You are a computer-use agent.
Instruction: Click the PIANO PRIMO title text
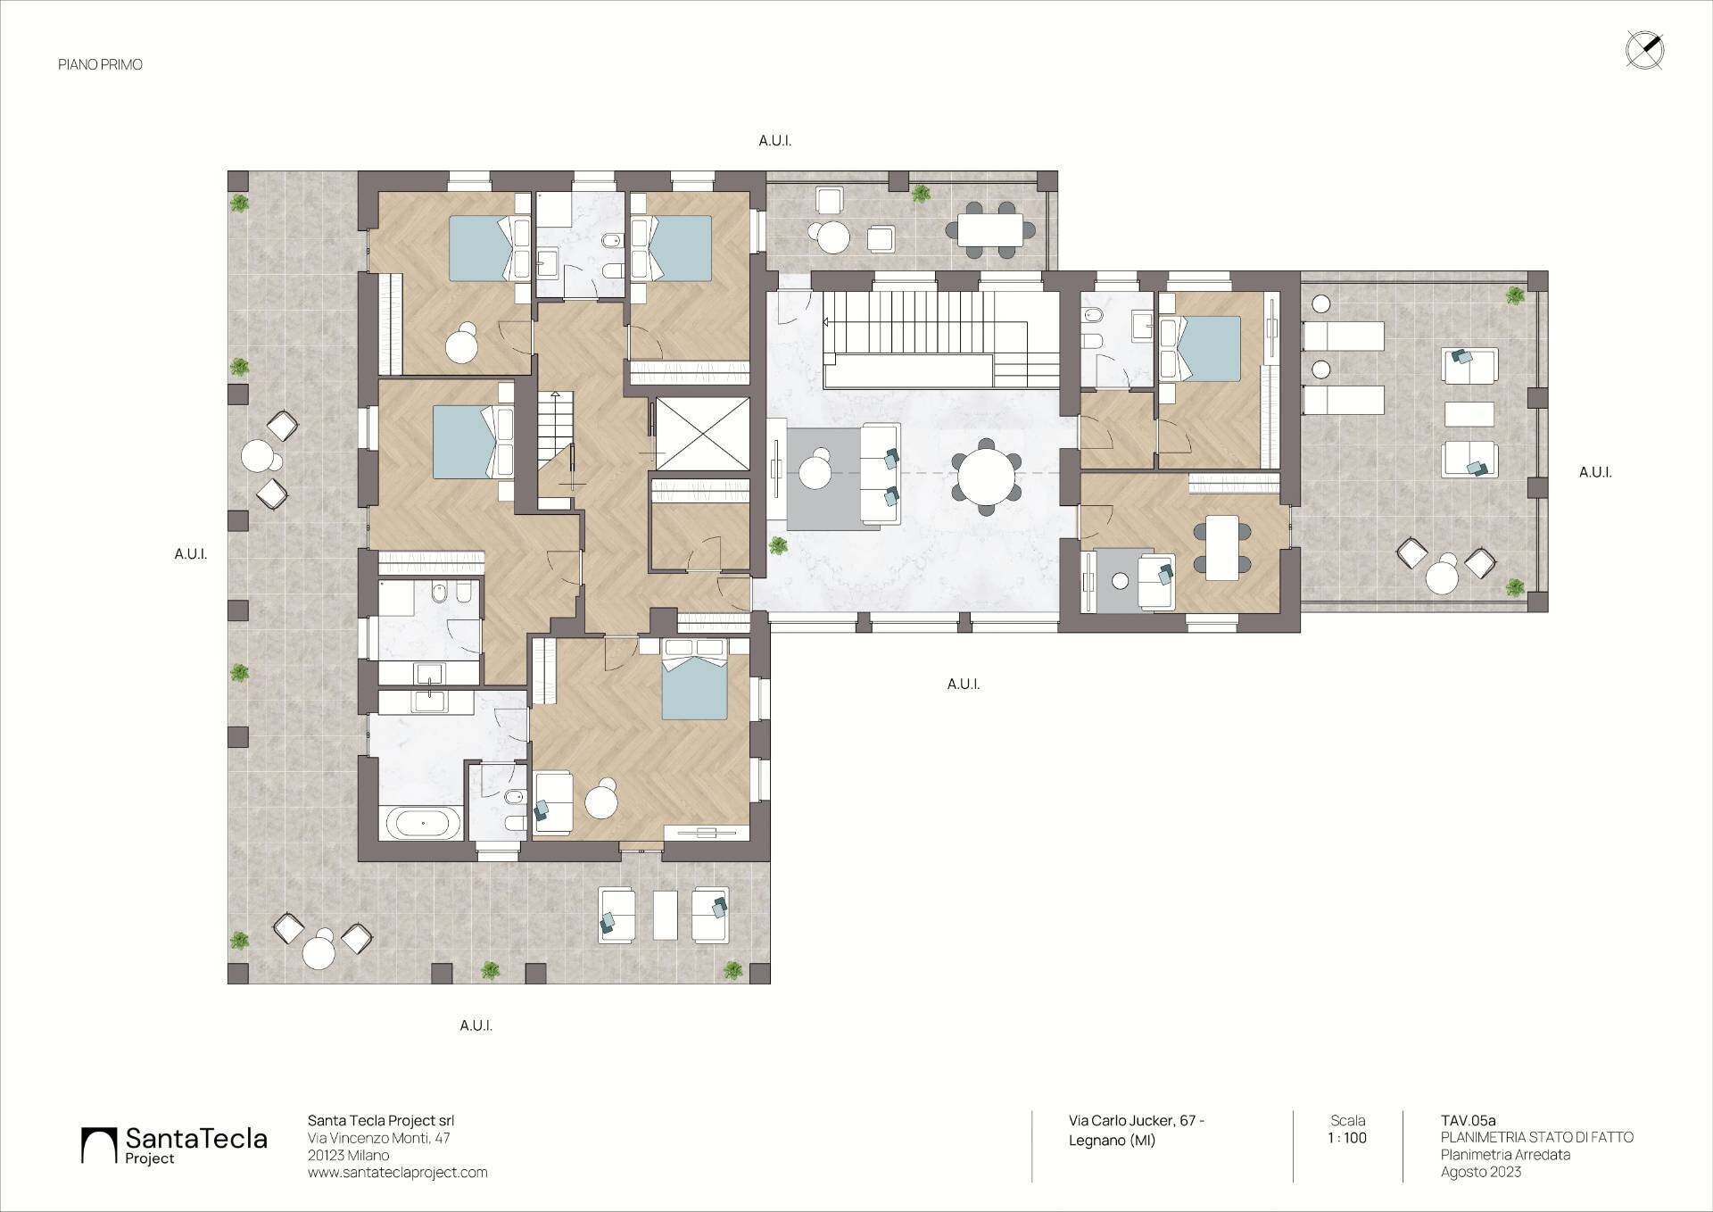point(100,65)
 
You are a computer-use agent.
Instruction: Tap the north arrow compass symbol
point(1644,50)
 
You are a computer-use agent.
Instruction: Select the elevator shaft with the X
point(703,433)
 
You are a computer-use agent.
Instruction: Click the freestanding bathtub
point(424,823)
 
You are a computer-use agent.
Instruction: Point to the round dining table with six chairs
point(986,477)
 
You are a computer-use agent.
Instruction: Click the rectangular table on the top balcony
point(991,229)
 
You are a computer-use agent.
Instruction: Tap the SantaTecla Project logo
point(174,1145)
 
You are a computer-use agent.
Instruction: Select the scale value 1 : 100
point(1347,1138)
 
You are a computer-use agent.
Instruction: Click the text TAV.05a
point(1468,1121)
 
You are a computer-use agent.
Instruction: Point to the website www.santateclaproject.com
point(398,1173)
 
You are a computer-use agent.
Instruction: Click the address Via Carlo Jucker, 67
point(1137,1121)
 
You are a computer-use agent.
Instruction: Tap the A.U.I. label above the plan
point(774,141)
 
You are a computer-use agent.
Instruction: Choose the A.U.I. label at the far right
point(1595,472)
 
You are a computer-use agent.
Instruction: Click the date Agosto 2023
point(1480,1172)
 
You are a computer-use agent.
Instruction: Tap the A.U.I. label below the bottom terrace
point(476,1026)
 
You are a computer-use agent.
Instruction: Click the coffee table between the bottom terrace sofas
point(665,915)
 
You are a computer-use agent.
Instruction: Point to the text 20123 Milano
point(348,1156)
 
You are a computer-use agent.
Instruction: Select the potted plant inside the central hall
point(778,545)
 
